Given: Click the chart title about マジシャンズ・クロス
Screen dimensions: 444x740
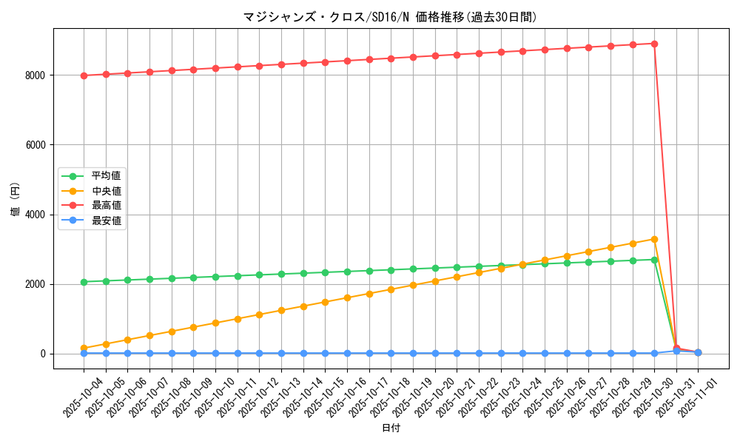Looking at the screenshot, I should (x=390, y=17).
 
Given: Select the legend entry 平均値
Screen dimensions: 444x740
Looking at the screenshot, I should (x=106, y=176).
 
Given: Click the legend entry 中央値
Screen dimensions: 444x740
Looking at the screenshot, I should (x=106, y=191).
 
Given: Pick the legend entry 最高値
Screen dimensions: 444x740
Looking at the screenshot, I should (x=106, y=206).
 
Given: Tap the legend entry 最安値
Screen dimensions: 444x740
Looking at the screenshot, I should (x=106, y=221).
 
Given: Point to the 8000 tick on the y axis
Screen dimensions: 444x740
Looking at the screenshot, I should (x=34, y=75).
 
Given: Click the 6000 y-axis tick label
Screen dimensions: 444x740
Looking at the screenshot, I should (x=34, y=145).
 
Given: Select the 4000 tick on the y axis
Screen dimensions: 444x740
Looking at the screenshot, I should (x=34, y=215).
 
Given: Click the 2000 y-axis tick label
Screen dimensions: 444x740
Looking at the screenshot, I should (x=34, y=284).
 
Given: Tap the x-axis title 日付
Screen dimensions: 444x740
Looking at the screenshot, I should (x=390, y=428).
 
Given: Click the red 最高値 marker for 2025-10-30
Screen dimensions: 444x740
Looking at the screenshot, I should (x=654, y=44).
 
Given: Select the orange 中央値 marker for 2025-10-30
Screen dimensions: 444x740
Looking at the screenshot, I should (x=654, y=239).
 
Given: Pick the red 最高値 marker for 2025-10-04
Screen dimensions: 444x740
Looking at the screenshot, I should (x=84, y=75).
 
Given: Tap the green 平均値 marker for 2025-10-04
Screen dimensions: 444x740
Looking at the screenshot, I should (x=84, y=282).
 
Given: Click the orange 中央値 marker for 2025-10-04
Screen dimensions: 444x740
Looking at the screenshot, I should (x=84, y=348).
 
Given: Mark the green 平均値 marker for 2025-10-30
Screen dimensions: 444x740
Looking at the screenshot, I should (x=654, y=260).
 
